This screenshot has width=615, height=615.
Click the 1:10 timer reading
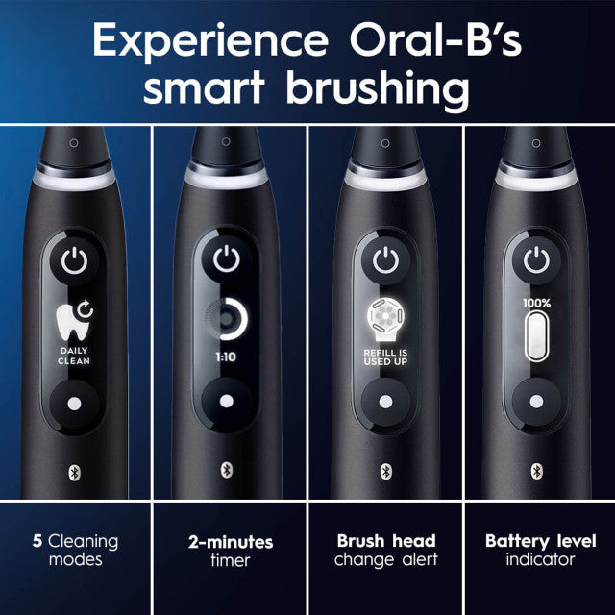click(x=226, y=355)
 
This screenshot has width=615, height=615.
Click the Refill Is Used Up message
click(x=384, y=357)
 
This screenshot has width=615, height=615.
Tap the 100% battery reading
click(x=537, y=301)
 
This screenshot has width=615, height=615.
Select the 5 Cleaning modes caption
click(x=74, y=551)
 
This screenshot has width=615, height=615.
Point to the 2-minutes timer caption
click(x=230, y=551)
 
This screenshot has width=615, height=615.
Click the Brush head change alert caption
click(x=385, y=551)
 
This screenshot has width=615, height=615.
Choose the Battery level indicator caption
click(x=537, y=551)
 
